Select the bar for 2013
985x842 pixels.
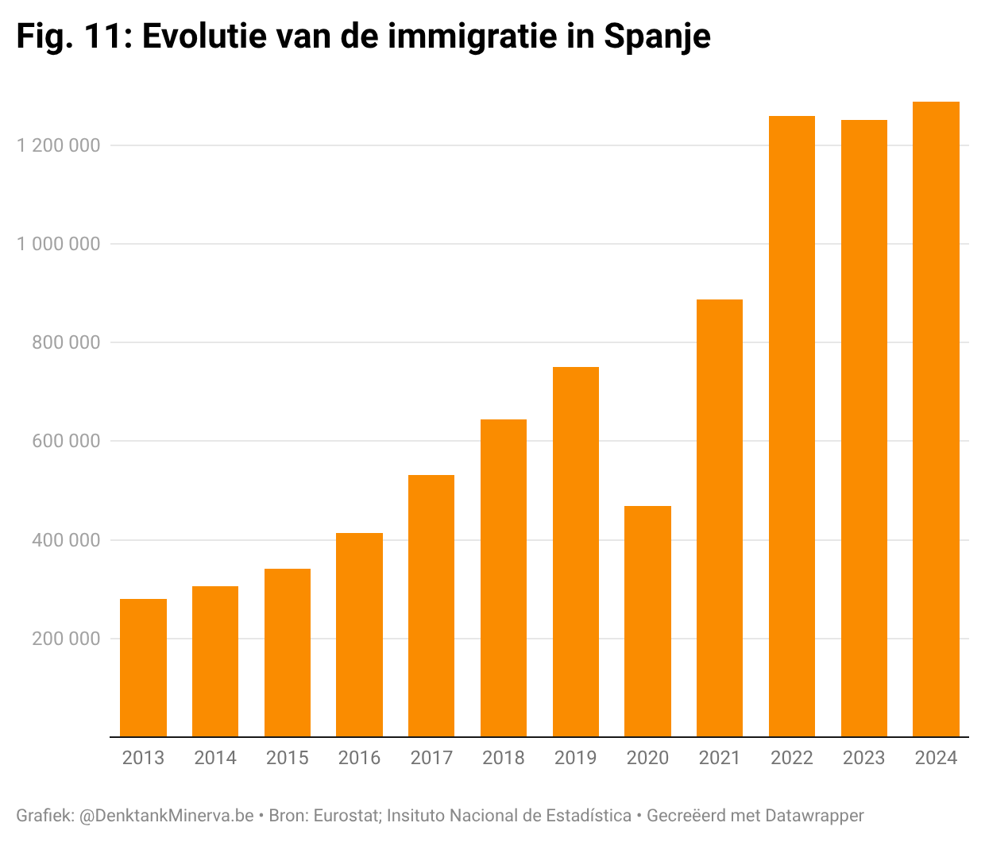143,667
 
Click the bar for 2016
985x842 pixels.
359,635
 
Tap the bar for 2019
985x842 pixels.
575,551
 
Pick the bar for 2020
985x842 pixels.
647,621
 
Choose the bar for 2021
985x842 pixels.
720,518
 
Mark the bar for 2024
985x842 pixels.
936,419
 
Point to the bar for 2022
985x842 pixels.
792,427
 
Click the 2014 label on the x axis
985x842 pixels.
215,758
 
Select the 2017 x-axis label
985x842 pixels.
431,758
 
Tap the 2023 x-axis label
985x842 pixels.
863,758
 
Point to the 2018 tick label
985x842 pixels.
504,758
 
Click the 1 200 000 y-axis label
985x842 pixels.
59,145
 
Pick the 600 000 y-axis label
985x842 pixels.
67,441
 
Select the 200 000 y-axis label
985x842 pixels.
67,639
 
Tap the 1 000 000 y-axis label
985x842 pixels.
59,244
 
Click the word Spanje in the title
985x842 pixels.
657,36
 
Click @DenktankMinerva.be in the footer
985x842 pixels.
167,816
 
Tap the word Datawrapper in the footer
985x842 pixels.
814,816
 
